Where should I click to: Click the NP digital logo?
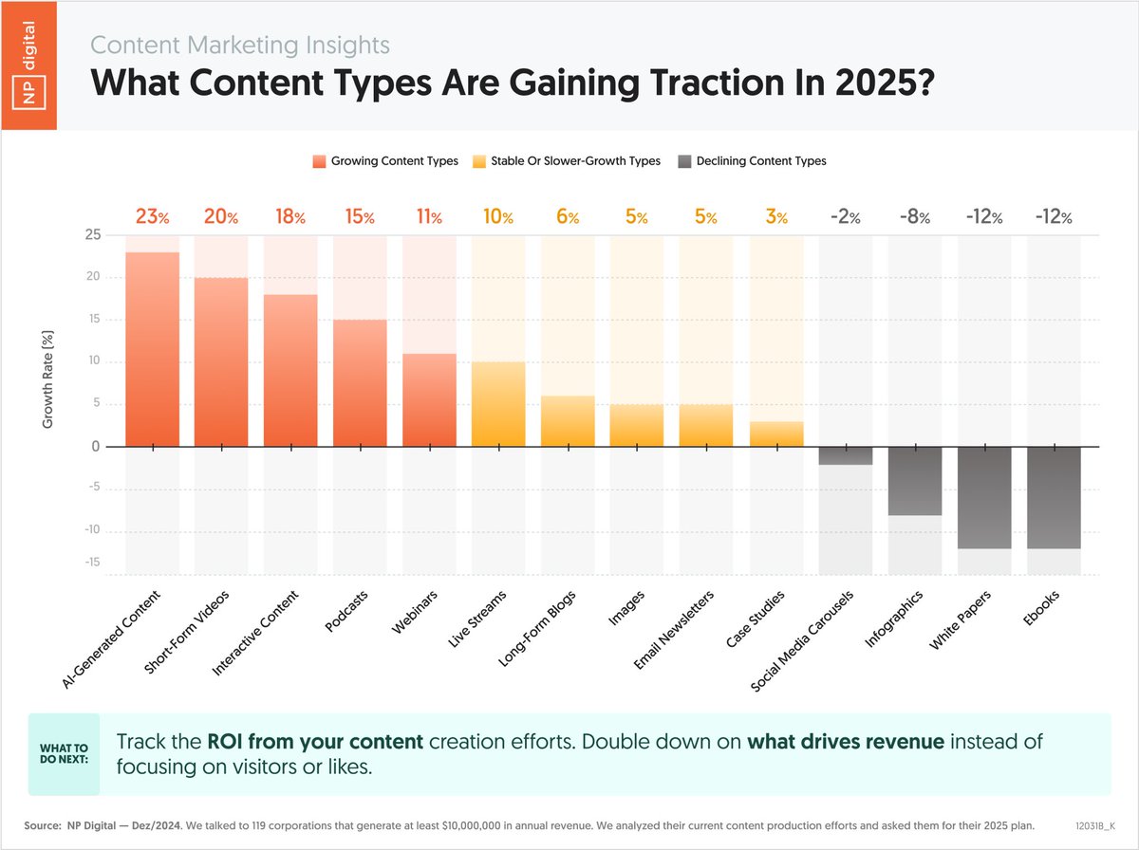click(29, 65)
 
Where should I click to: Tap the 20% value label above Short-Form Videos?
click(221, 217)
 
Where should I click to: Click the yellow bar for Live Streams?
click(498, 404)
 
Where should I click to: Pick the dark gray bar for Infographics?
click(915, 481)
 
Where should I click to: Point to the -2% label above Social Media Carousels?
click(845, 217)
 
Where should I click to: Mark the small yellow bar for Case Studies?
click(776, 434)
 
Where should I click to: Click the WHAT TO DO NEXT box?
click(63, 754)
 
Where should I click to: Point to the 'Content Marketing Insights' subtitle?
click(240, 45)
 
